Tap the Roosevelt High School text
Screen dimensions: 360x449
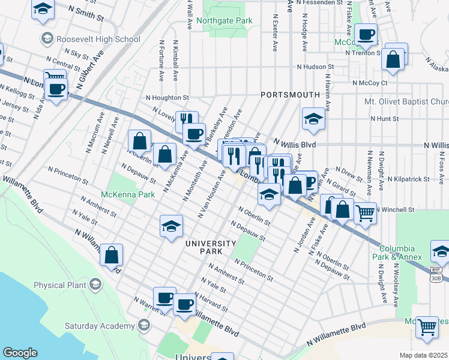coord(98,39)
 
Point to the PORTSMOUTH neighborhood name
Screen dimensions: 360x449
coord(290,95)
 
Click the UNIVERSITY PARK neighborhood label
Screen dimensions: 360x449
coord(211,247)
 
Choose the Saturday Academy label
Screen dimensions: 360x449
coord(100,326)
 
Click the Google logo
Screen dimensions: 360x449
coord(20,353)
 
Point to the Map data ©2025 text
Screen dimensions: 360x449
coord(423,355)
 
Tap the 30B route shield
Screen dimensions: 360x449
coord(436,278)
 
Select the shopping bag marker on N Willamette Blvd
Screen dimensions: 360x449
coord(112,255)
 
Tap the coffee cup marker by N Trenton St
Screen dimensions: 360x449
coord(366,35)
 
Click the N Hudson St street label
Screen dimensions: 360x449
coord(313,67)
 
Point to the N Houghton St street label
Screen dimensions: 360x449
coord(167,97)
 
